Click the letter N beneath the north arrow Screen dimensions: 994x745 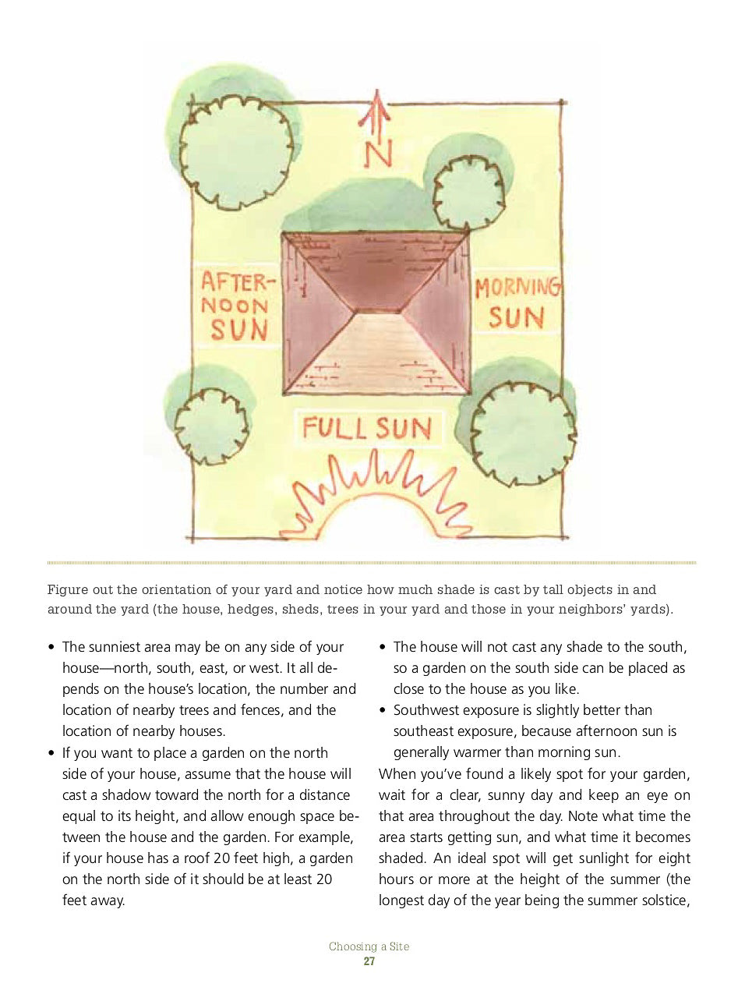coord(378,154)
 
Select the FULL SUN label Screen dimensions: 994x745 coord(367,428)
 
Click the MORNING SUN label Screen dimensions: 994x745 coord(517,302)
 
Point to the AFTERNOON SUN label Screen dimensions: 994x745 coord(236,306)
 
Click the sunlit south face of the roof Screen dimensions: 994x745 coord(377,351)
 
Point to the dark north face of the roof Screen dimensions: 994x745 coord(377,269)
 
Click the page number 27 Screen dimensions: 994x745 coord(369,961)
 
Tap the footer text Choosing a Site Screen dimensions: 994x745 coord(369,946)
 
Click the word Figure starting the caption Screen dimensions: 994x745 coord(68,589)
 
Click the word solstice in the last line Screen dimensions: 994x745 coord(660,900)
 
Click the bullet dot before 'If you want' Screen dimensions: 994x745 coord(51,754)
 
